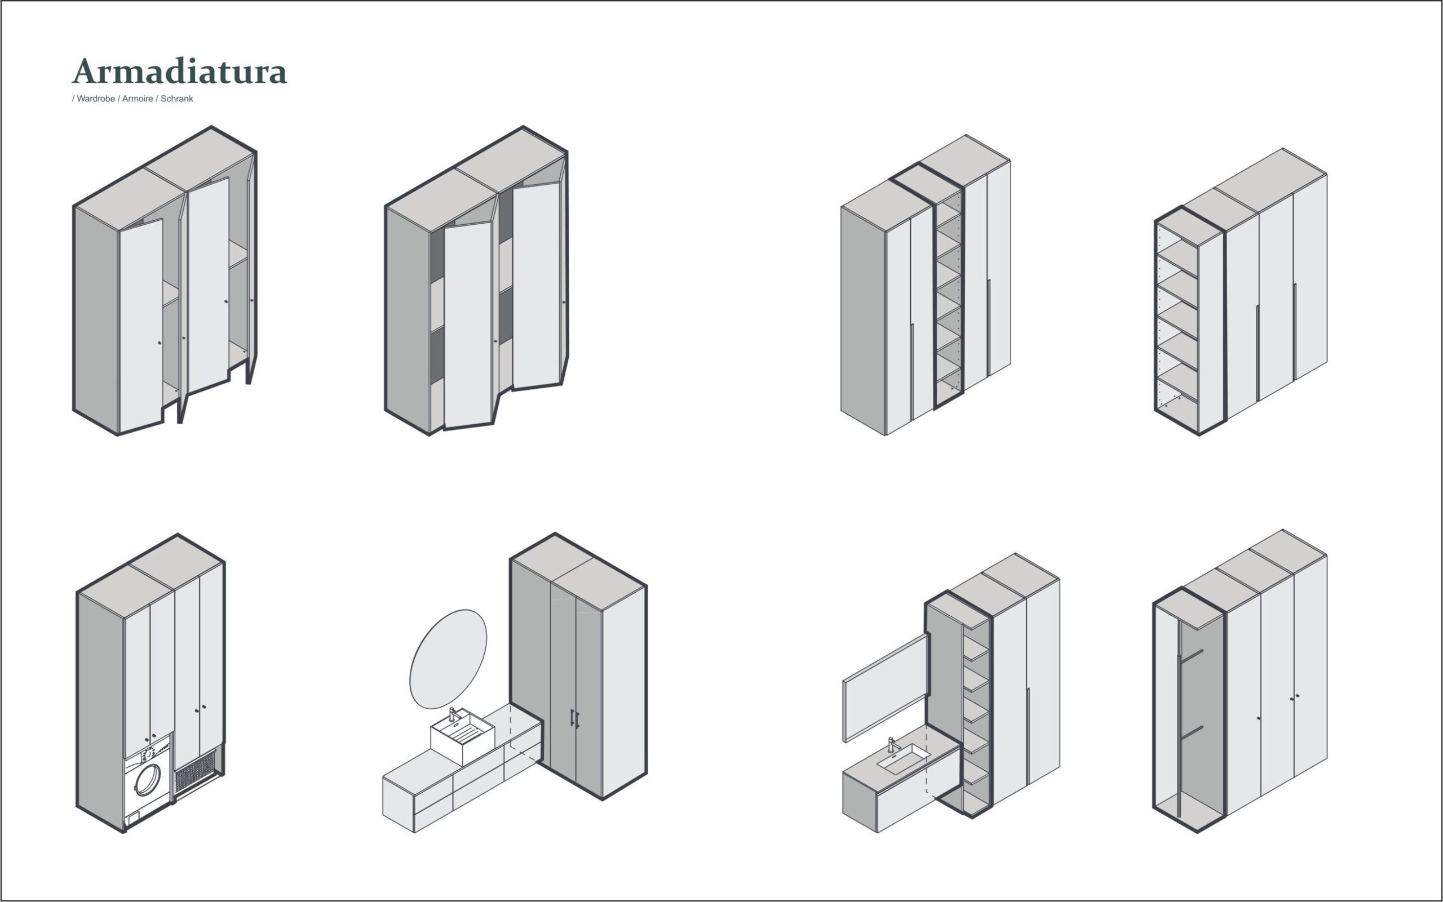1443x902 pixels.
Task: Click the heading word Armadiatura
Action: click(180, 71)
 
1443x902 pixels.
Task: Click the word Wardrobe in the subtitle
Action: click(95, 99)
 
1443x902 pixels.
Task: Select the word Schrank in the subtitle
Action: click(176, 99)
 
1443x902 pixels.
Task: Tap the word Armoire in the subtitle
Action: click(138, 99)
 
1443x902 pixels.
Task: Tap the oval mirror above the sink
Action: click(448, 659)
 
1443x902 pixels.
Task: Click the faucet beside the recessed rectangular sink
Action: click(892, 744)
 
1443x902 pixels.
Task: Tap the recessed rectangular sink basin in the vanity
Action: click(904, 759)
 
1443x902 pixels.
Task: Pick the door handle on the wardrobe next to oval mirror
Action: click(574, 719)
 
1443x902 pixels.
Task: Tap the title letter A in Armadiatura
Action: click(86, 71)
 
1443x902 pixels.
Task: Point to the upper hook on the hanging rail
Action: click(1191, 656)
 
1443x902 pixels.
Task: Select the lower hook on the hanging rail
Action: click(1191, 733)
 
